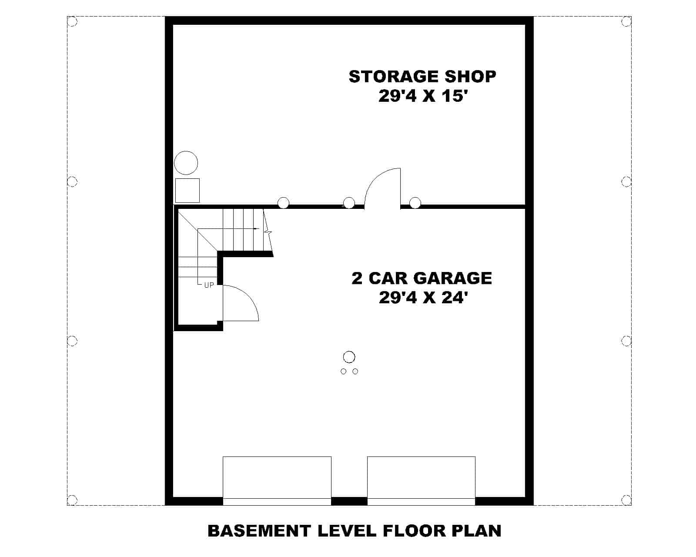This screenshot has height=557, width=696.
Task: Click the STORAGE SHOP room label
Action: (x=422, y=76)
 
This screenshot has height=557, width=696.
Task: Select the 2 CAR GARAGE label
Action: (x=422, y=278)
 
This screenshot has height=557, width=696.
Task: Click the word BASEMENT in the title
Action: (x=259, y=531)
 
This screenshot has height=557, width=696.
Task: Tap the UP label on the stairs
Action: (x=209, y=285)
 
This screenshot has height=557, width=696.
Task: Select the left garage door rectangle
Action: (x=277, y=477)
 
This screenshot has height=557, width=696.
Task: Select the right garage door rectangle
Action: (x=421, y=477)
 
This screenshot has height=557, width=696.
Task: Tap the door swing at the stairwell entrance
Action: (x=240, y=303)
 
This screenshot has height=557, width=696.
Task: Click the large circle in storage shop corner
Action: (x=186, y=163)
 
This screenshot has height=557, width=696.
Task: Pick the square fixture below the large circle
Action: (x=187, y=190)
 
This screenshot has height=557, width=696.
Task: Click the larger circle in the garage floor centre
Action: (x=349, y=357)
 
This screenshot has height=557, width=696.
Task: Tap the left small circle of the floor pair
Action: (x=343, y=371)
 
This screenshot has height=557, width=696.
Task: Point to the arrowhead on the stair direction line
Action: (x=257, y=228)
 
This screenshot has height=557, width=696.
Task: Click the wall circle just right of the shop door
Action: (x=415, y=203)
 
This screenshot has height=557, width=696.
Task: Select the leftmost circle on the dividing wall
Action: (x=283, y=203)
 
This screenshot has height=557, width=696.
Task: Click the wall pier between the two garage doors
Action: (x=349, y=501)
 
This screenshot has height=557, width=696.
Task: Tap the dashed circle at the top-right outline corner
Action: (x=626, y=21)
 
